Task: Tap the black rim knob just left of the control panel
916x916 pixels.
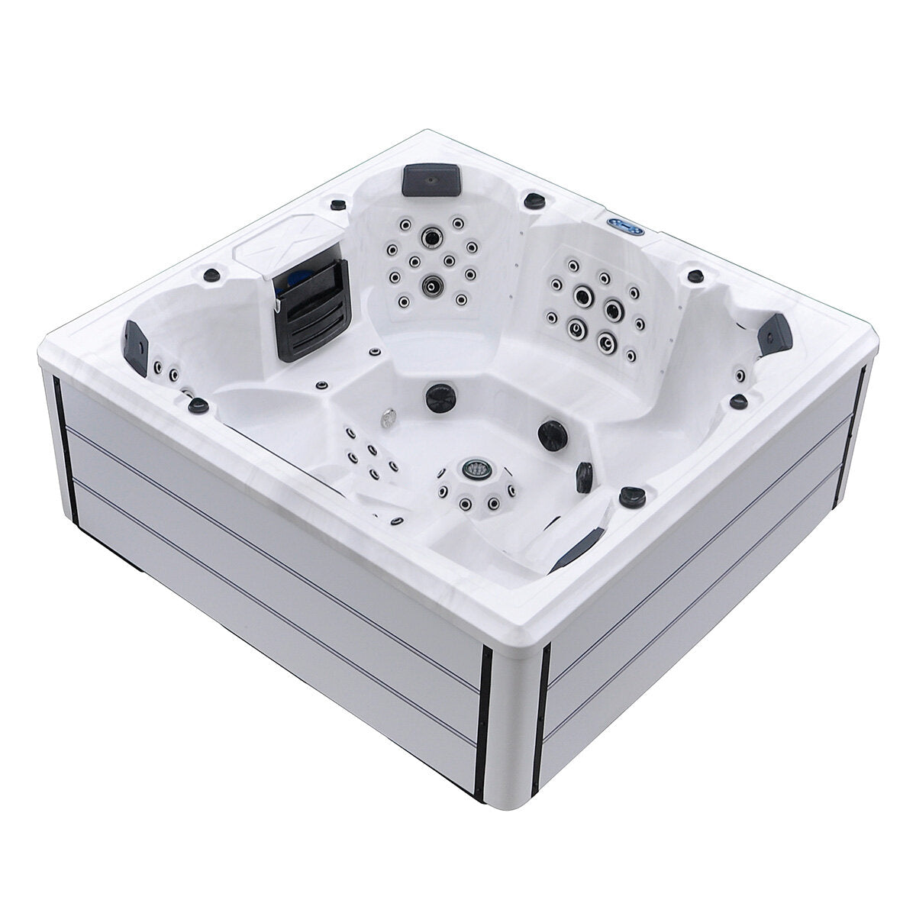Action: tap(530, 199)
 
